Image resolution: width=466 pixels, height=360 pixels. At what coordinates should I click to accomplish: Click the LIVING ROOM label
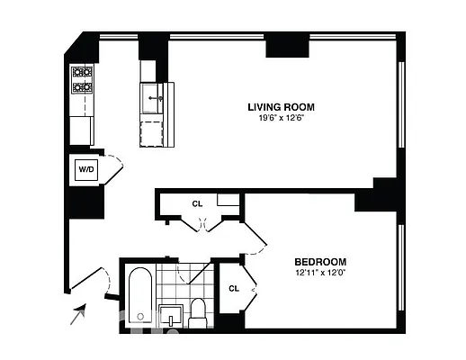coord(281,106)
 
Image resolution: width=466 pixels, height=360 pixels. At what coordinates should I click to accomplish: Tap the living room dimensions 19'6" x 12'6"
coord(281,118)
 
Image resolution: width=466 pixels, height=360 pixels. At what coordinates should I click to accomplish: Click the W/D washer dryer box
coord(86,167)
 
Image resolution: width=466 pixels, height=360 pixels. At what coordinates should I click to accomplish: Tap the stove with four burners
coord(83,80)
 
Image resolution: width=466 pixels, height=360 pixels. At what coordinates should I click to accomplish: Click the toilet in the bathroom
coord(199,312)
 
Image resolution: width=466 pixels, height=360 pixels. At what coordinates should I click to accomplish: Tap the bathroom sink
coord(172,317)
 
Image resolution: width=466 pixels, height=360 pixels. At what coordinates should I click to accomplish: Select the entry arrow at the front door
coord(79,313)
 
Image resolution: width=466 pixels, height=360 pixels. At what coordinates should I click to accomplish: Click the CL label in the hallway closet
coord(197,203)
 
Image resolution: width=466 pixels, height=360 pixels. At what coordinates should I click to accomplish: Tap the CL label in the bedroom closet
coord(233,289)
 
